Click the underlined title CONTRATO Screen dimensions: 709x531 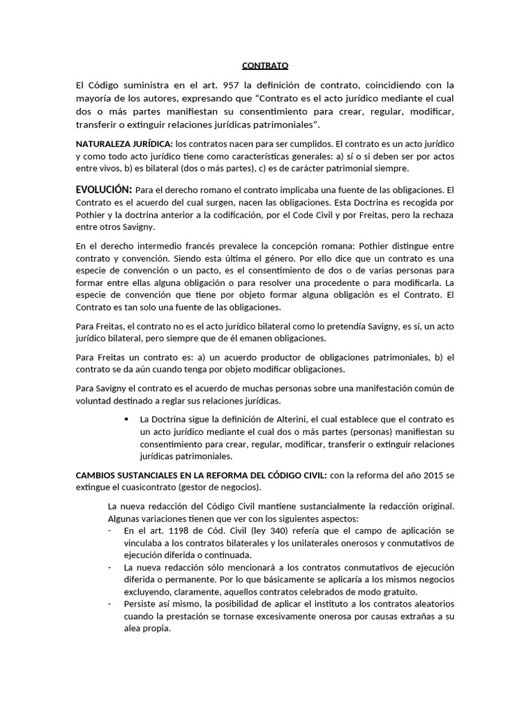point(265,66)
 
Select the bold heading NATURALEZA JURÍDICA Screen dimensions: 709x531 point(124,143)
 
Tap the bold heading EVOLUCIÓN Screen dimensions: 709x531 point(103,189)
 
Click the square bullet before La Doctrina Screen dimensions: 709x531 point(126,419)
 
